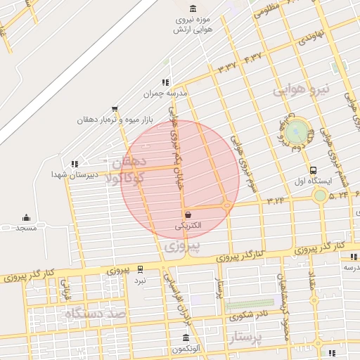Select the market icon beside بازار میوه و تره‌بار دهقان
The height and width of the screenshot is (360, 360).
(115, 108)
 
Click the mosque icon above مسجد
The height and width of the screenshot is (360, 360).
(27, 217)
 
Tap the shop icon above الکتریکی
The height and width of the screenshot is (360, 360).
(188, 214)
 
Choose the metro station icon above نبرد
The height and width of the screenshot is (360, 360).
(140, 269)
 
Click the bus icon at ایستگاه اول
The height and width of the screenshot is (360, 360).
(313, 169)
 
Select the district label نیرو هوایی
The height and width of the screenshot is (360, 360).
(301, 89)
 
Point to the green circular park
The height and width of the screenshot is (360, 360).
(297, 131)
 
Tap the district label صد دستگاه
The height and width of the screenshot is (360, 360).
(92, 314)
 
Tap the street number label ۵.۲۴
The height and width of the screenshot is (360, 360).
(339, 195)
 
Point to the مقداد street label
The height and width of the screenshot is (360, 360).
(312, 287)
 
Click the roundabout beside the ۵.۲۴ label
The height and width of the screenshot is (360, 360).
(320, 195)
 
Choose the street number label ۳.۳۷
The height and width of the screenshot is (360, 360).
(230, 66)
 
